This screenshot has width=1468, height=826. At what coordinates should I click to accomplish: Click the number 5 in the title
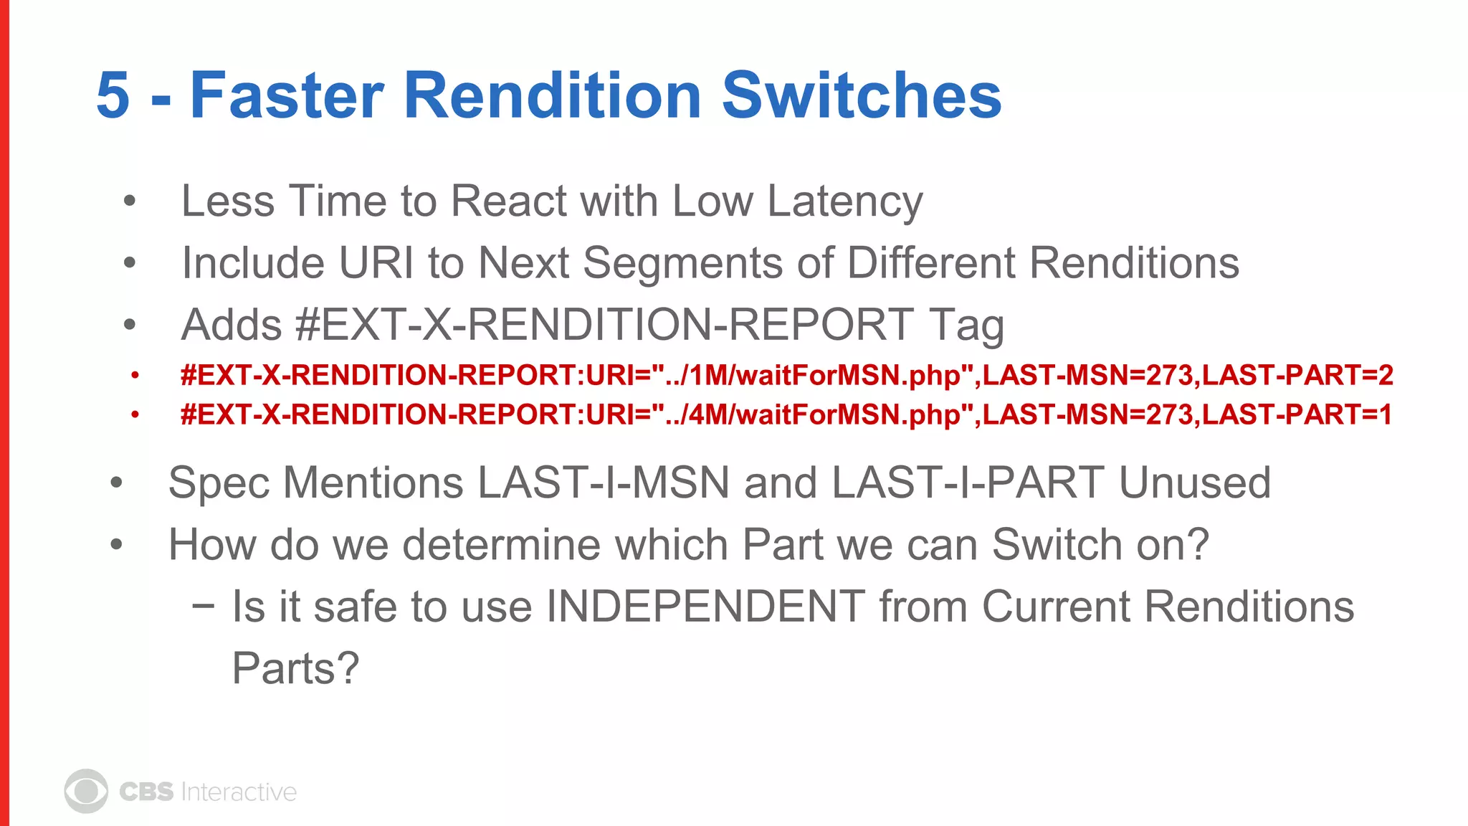pyautogui.click(x=113, y=95)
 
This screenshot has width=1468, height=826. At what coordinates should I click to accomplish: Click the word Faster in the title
pyautogui.click(x=287, y=95)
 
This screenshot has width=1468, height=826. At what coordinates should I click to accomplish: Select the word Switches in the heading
pyautogui.click(x=862, y=95)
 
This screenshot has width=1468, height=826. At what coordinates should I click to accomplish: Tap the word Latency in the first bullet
pyautogui.click(x=845, y=201)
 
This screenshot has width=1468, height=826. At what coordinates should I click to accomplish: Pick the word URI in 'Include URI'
pyautogui.click(x=376, y=263)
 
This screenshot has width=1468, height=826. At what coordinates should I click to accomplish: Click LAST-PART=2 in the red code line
pyautogui.click(x=1297, y=375)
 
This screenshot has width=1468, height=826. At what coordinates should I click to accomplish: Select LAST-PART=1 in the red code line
pyautogui.click(x=1297, y=414)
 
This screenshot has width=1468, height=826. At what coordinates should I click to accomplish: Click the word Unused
pyautogui.click(x=1195, y=483)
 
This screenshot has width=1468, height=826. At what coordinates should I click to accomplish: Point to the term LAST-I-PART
pyautogui.click(x=968, y=483)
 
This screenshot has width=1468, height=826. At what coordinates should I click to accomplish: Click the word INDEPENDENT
pyautogui.click(x=705, y=607)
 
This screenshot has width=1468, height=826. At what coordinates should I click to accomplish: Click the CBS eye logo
pyautogui.click(x=86, y=792)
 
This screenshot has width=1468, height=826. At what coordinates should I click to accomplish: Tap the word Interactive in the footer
pyautogui.click(x=239, y=792)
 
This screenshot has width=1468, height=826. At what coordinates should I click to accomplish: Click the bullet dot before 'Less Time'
pyautogui.click(x=130, y=201)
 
